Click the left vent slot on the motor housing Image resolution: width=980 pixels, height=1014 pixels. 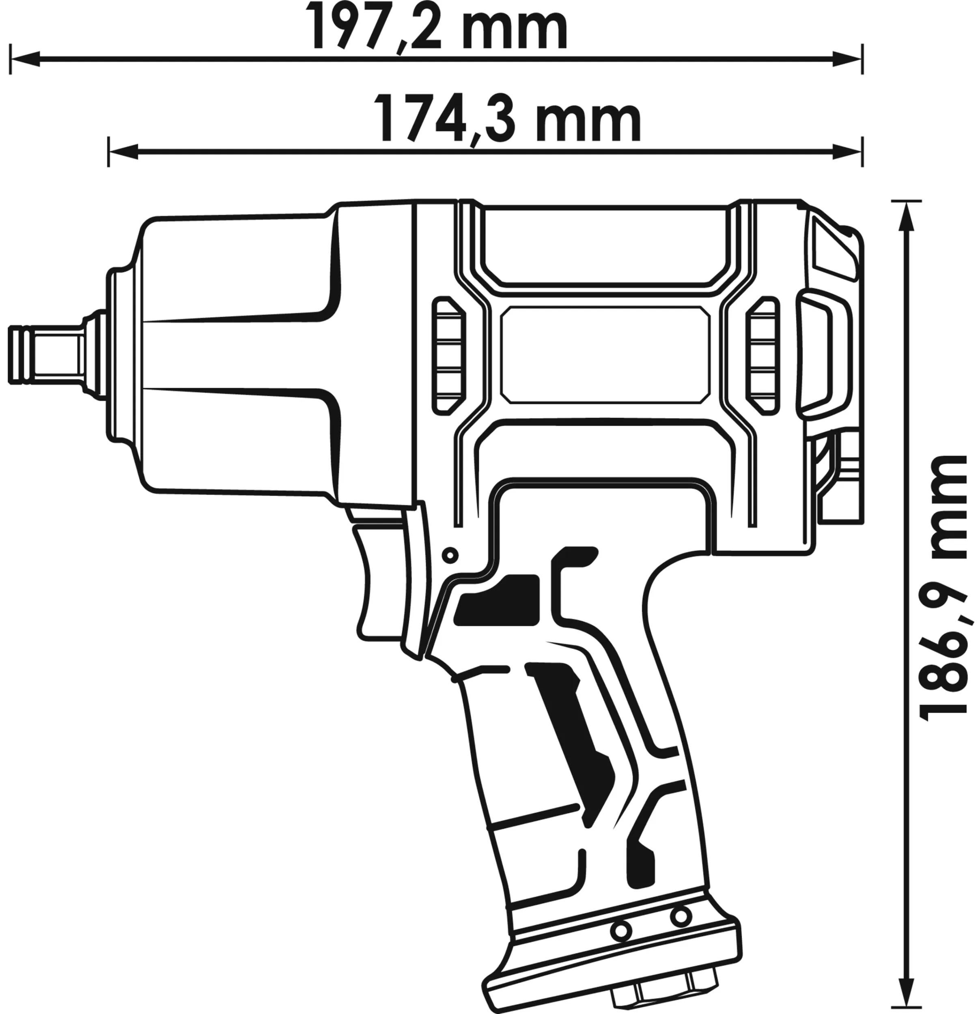[x=448, y=356]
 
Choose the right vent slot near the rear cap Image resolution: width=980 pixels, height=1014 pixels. [x=762, y=356]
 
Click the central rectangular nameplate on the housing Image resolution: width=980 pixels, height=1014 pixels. [x=605, y=355]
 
